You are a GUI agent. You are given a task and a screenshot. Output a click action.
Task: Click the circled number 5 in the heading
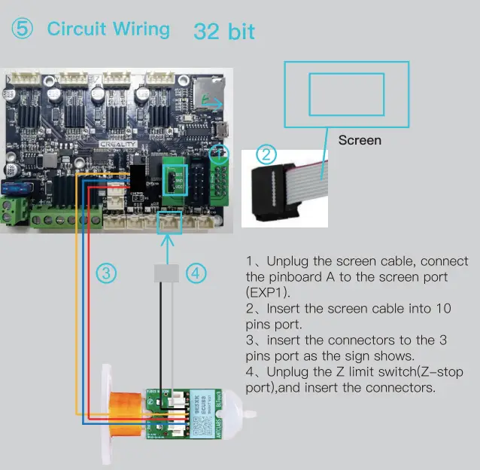[22, 29]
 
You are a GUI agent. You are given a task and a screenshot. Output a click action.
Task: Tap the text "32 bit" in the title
[224, 32]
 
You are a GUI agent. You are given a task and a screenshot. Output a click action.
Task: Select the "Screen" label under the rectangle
[360, 140]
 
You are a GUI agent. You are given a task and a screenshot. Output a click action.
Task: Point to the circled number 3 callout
[108, 274]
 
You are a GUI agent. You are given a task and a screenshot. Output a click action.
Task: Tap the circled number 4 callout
[196, 274]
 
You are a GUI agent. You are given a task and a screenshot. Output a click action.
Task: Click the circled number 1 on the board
[218, 154]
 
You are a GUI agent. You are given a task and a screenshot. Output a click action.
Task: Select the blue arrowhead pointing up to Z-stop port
[168, 239]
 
